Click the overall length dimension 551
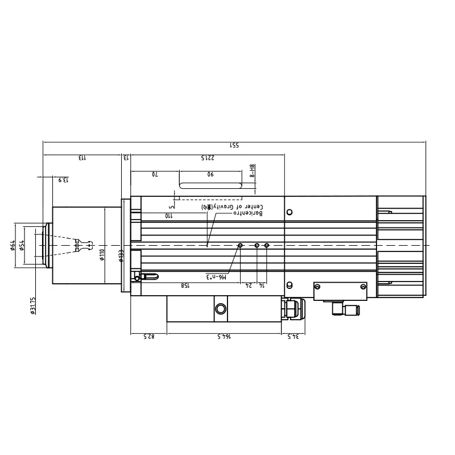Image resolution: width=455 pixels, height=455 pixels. point(234,145)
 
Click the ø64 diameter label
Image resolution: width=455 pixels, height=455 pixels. point(13,245)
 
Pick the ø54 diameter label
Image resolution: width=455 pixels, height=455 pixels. point(22,245)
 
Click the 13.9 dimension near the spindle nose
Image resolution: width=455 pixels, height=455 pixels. point(63,180)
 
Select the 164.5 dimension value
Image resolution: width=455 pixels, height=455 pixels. point(226,337)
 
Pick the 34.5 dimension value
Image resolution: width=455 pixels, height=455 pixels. point(293,337)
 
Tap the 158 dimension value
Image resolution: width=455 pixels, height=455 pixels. point(185,285)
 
